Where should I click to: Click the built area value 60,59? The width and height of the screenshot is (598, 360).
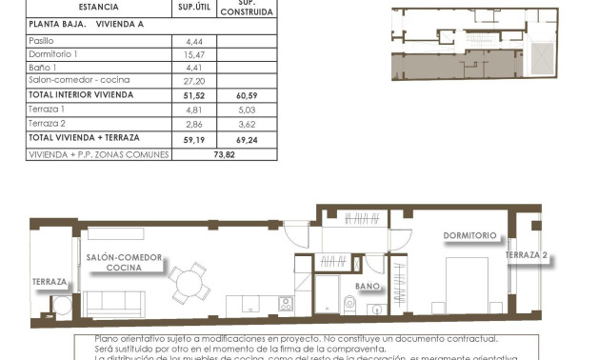coord(249,96)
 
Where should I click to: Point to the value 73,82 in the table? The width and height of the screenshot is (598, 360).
coord(224,153)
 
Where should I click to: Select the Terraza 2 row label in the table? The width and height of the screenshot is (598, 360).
coord(47,125)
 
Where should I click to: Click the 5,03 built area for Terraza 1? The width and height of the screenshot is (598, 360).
coord(249,110)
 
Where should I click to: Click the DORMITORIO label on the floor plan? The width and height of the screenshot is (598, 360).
coord(469,235)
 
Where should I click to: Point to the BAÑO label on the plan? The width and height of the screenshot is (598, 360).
coord(368,286)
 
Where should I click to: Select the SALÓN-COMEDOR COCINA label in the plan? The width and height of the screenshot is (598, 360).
coord(124,263)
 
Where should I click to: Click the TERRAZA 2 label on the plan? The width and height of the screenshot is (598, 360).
coord(527,255)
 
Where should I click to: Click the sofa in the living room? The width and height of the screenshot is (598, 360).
coord(114,304)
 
